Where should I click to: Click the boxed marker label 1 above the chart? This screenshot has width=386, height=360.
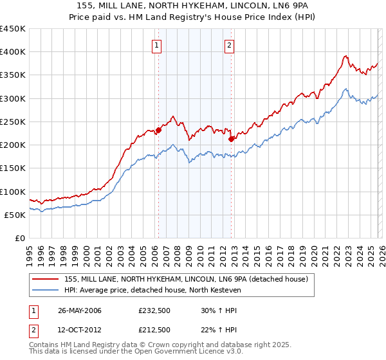[158, 45]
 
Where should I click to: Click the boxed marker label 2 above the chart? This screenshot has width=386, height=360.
[230, 45]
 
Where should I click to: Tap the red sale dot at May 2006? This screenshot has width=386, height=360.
[158, 130]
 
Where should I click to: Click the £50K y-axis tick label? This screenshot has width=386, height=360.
[15, 215]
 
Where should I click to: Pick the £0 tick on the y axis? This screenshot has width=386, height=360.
[21, 238]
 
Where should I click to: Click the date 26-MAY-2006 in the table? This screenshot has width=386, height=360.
[79, 310]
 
